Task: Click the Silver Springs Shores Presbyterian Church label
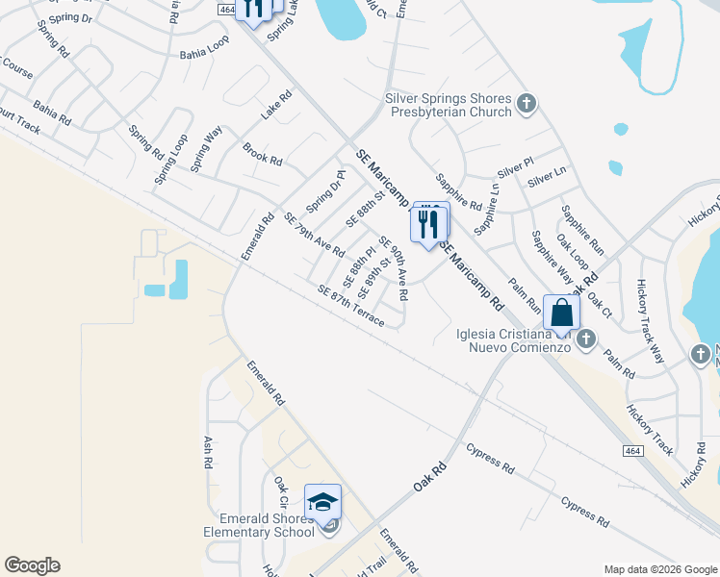pyautogui.click(x=448, y=105)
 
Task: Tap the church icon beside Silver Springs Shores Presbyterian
pyautogui.click(x=526, y=104)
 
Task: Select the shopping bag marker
pyautogui.click(x=561, y=313)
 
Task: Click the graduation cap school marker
pyautogui.click(x=322, y=502)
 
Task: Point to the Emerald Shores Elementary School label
pyautogui.click(x=259, y=525)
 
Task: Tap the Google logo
pyautogui.click(x=32, y=565)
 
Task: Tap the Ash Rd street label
pyautogui.click(x=207, y=452)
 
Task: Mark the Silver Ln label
pyautogui.click(x=546, y=178)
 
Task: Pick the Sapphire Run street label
pyautogui.click(x=583, y=230)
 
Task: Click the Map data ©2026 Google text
pyautogui.click(x=659, y=568)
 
